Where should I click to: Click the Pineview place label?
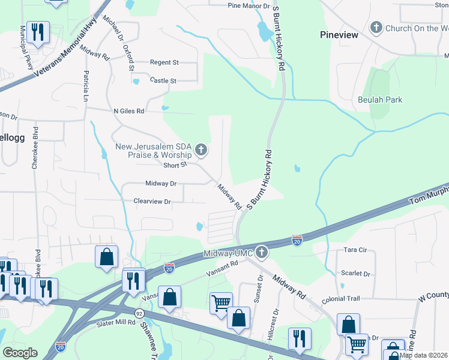pyautogui.click(x=339, y=35)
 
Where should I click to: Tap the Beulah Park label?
pyautogui.click(x=379, y=100)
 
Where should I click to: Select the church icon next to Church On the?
pyautogui.click(x=376, y=27)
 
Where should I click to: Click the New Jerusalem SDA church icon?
pyautogui.click(x=201, y=149)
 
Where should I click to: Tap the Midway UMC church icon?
pyautogui.click(x=261, y=253)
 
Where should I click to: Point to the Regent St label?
pyautogui.click(x=164, y=62)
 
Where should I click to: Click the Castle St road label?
pyautogui.click(x=163, y=80)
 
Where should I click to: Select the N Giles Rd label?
pyautogui.click(x=129, y=111)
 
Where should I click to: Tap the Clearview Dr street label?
pyautogui.click(x=152, y=202)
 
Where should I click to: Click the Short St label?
pyautogui.click(x=175, y=164)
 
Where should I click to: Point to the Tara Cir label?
pyautogui.click(x=354, y=249)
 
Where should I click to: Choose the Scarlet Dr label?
pyautogui.click(x=355, y=273)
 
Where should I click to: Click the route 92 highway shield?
pyautogui.click(x=139, y=313)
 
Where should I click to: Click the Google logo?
pyautogui.click(x=20, y=353)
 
